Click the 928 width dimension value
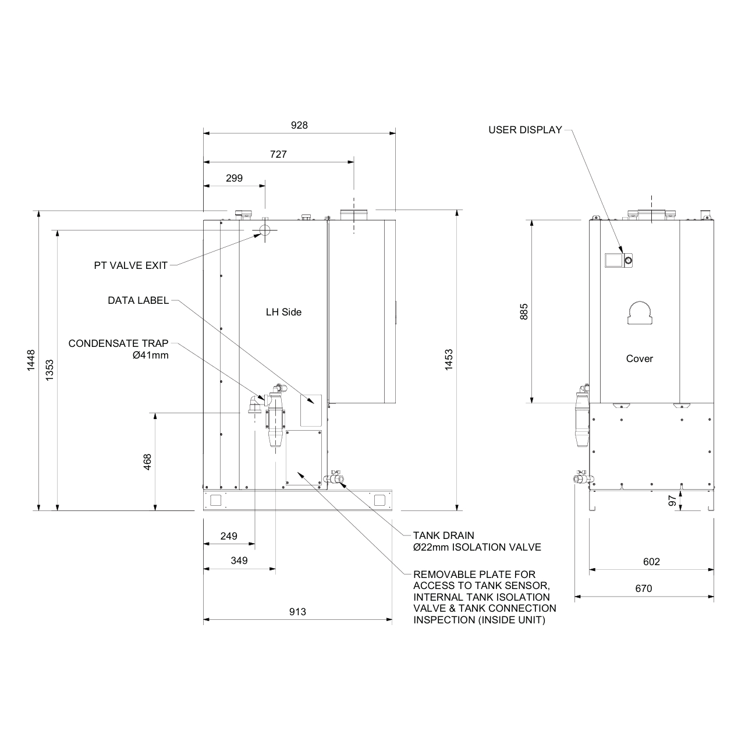click(299, 125)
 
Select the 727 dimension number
click(278, 154)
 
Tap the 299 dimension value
click(234, 179)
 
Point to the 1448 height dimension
click(31, 360)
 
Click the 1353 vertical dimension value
click(50, 370)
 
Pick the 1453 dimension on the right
click(449, 360)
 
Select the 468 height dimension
click(147, 462)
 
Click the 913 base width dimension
click(297, 612)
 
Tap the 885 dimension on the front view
click(524, 312)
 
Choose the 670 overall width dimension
click(644, 588)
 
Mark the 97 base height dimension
click(673, 501)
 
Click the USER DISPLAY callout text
click(525, 130)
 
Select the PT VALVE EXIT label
click(131, 265)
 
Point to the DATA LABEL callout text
click(138, 301)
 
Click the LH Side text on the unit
click(283, 312)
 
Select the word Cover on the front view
click(639, 359)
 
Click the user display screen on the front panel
click(613, 260)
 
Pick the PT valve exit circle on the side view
click(265, 230)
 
